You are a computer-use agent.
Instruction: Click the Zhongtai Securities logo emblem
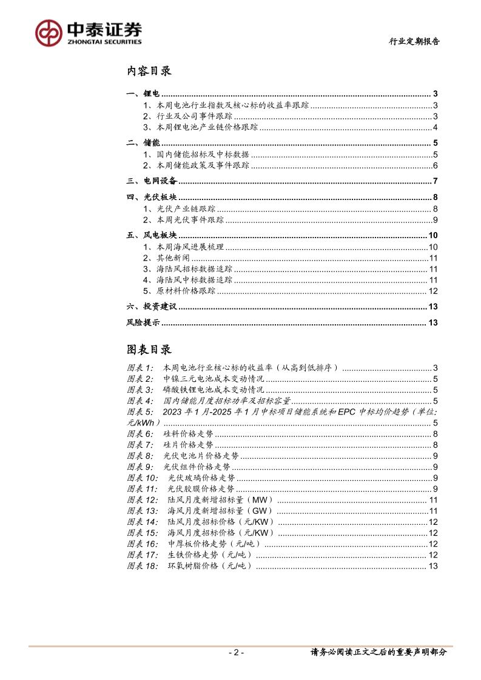point(49,32)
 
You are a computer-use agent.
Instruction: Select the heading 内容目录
point(149,72)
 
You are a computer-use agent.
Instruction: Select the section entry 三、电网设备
point(151,181)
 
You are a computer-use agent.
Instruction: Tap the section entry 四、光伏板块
point(151,198)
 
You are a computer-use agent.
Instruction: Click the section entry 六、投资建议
point(151,307)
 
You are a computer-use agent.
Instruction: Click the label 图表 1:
point(141,368)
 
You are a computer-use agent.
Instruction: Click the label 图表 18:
point(143,566)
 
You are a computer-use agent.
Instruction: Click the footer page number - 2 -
point(236,653)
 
